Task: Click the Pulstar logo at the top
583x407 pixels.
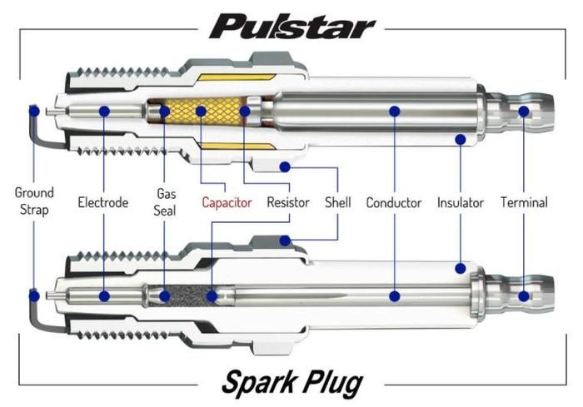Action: pyautogui.click(x=292, y=27)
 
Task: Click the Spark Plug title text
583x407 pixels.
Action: pyautogui.click(x=292, y=384)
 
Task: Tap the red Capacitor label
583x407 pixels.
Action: pyautogui.click(x=227, y=202)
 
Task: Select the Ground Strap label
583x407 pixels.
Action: pyautogui.click(x=33, y=201)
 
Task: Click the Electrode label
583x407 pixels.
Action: pyautogui.click(x=102, y=202)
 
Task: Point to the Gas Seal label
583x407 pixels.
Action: pyautogui.click(x=165, y=201)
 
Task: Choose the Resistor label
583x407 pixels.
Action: pyautogui.click(x=288, y=202)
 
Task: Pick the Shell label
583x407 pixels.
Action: pyautogui.click(x=338, y=202)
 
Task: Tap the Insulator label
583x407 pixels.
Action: pyautogui.click(x=461, y=202)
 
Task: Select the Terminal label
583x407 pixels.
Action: pyautogui.click(x=524, y=202)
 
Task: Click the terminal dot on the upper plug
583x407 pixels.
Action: pyautogui.click(x=524, y=111)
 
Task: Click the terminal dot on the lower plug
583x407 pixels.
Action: pyautogui.click(x=524, y=295)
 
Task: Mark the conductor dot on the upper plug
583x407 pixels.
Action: pyautogui.click(x=395, y=111)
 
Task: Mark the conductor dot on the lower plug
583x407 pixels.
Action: pyautogui.click(x=395, y=295)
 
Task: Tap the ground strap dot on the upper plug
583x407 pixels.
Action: pyautogui.click(x=33, y=111)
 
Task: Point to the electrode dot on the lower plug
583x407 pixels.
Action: pyautogui.click(x=103, y=295)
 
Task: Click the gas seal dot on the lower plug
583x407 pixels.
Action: pyautogui.click(x=165, y=295)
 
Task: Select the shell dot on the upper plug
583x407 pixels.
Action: pyautogui.click(x=285, y=166)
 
